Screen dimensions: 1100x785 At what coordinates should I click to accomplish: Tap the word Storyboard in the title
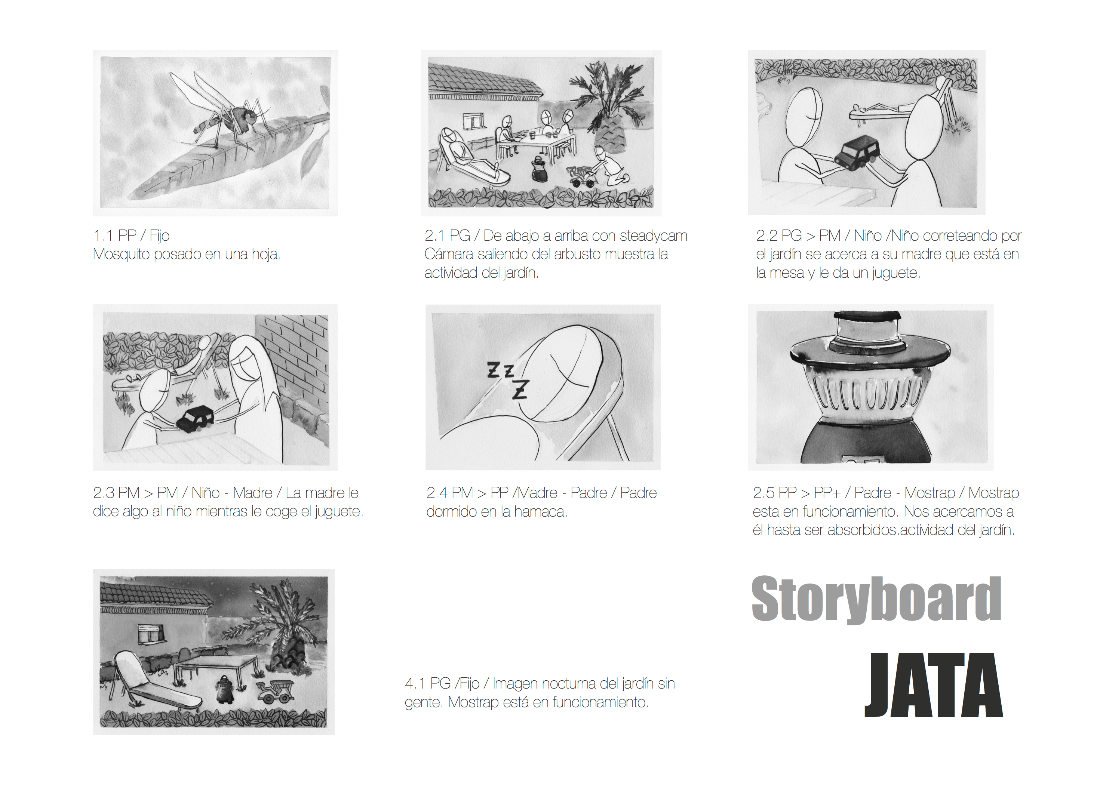click(876, 599)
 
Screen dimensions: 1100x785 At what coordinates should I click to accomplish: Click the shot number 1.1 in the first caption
click(103, 235)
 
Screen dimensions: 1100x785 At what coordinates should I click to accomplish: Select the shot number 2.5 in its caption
click(763, 493)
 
